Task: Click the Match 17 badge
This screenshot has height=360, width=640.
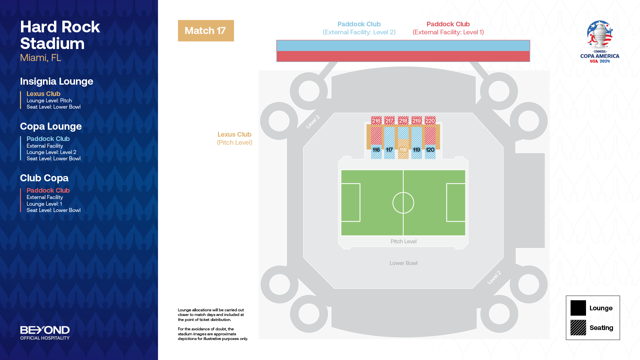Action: click(x=206, y=31)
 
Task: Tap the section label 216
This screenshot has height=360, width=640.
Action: click(x=376, y=121)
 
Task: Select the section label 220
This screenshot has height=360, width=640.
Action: click(x=430, y=121)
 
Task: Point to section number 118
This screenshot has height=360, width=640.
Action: click(x=403, y=150)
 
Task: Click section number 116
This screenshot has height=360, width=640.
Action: click(x=376, y=150)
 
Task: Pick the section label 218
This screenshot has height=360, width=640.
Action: click(x=403, y=121)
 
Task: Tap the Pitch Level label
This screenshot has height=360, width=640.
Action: click(x=403, y=241)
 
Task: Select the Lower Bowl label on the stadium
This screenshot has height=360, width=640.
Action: click(x=403, y=263)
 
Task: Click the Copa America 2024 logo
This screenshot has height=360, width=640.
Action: click(x=600, y=42)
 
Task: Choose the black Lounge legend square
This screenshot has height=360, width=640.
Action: click(x=578, y=308)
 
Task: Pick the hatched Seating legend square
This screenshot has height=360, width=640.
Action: click(x=578, y=328)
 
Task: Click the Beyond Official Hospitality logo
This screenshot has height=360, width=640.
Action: click(x=45, y=333)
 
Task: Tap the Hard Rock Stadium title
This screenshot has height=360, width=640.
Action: click(x=60, y=35)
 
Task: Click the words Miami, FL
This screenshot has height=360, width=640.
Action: click(x=41, y=58)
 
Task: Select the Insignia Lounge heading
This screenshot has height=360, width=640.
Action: click(x=57, y=81)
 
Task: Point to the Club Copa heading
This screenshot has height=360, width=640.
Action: click(x=44, y=178)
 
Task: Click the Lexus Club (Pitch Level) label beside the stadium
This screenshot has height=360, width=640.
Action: click(x=235, y=138)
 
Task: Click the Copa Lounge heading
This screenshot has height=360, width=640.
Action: click(x=51, y=126)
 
